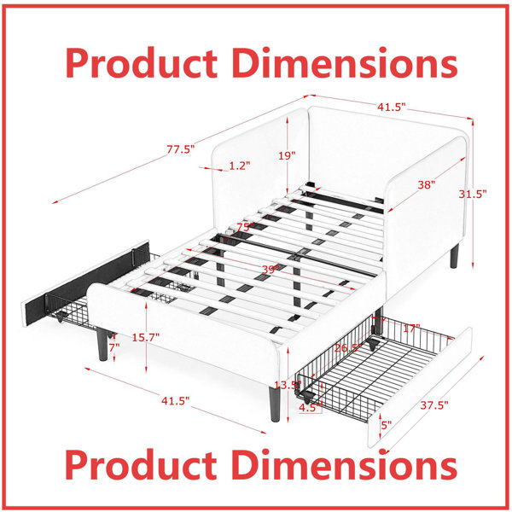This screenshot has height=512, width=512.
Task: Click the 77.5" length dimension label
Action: [x=181, y=149]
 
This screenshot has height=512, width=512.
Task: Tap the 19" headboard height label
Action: [x=287, y=155]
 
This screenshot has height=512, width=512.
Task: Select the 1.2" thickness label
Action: [x=240, y=166]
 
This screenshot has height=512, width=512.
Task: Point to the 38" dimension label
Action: [x=427, y=185]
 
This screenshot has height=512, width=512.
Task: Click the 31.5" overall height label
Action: [x=473, y=194]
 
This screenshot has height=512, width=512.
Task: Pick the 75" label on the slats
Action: [x=246, y=227]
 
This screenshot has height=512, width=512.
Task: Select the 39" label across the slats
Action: [x=271, y=270]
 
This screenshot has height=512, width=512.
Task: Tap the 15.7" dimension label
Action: [x=146, y=337]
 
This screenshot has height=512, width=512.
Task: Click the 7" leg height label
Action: [x=114, y=348]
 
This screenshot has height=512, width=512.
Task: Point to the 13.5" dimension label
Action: [x=288, y=385]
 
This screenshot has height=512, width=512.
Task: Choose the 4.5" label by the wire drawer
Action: [x=311, y=408]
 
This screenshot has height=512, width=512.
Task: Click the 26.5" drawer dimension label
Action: [x=348, y=348]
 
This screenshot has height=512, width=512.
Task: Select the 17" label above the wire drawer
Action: [x=411, y=329]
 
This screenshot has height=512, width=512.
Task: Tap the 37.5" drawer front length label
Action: [x=434, y=405]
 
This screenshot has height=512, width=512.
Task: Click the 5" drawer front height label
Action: [x=387, y=425]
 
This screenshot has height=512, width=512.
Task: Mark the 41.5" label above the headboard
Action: [x=392, y=107]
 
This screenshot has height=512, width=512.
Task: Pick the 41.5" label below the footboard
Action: [x=175, y=401]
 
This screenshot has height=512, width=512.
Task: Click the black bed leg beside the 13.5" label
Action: [x=275, y=404]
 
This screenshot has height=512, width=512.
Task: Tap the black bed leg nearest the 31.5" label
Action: [x=454, y=256]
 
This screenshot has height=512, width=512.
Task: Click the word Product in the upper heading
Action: [x=142, y=62]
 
